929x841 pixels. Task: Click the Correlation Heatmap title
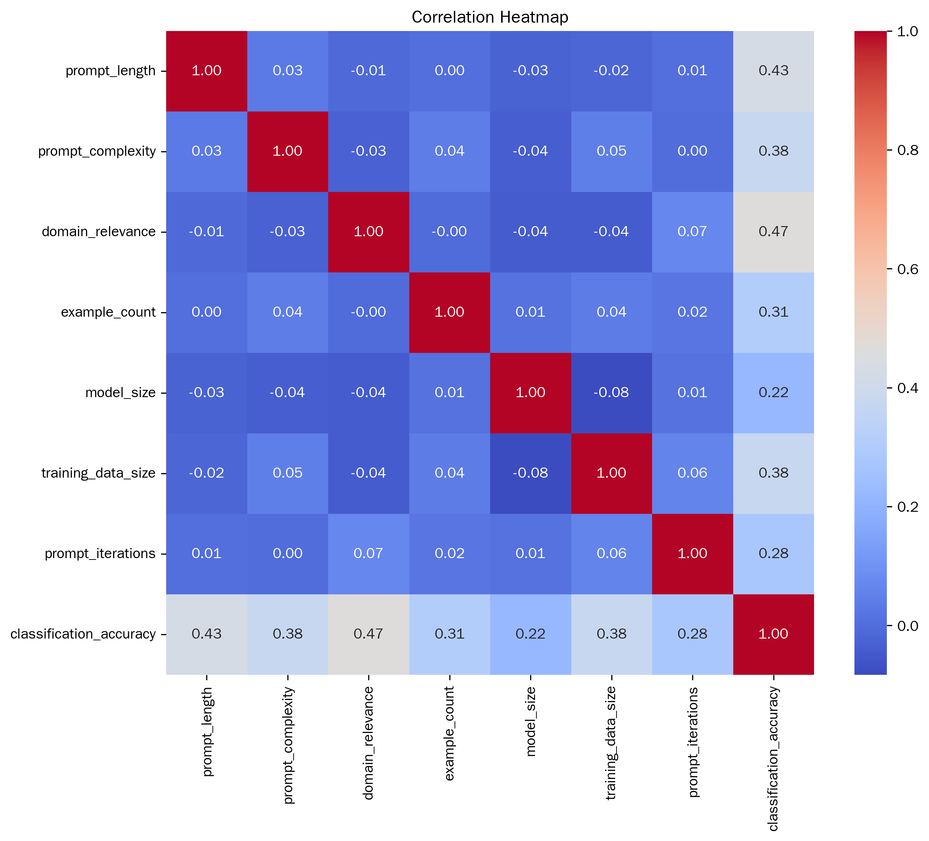(489, 17)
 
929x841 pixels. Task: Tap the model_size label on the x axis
(531, 722)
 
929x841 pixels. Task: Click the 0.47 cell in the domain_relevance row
(773, 231)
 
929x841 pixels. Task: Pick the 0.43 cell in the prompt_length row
(773, 70)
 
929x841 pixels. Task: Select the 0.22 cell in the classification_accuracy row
(531, 634)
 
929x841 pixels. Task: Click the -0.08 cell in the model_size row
(612, 392)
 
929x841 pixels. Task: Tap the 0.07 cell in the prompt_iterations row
(368, 553)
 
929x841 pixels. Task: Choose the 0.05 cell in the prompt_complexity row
(612, 151)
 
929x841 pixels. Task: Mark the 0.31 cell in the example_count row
(773, 312)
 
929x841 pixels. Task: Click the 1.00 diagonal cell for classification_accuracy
(773, 634)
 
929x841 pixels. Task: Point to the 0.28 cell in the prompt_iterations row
(773, 553)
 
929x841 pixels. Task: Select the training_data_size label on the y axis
(98, 473)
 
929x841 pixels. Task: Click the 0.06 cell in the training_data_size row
(692, 473)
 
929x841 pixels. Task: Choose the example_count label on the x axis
(450, 733)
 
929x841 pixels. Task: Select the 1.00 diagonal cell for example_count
(449, 312)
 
